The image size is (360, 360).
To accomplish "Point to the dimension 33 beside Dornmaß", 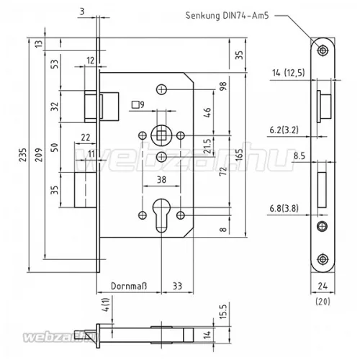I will tap(176, 286).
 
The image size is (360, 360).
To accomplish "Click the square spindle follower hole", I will tap(163, 134).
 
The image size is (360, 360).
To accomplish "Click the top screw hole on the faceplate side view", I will tap(323, 50).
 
